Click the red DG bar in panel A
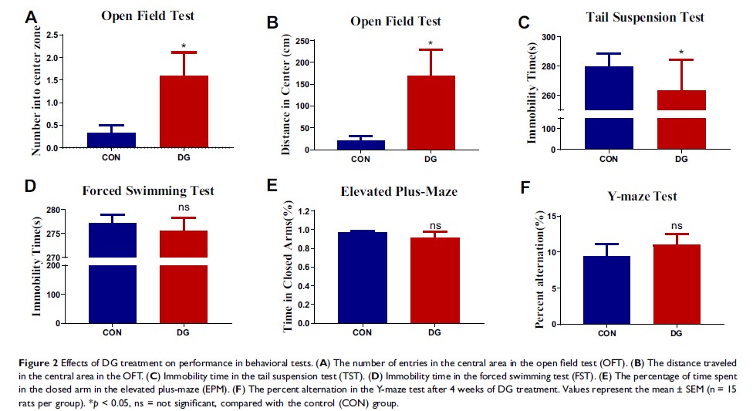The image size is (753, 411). (184, 111)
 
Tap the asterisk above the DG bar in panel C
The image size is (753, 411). (680, 53)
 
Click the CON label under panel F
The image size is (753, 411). (606, 332)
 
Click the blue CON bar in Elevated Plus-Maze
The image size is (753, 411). (362, 278)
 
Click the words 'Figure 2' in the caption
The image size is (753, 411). (33, 362)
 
